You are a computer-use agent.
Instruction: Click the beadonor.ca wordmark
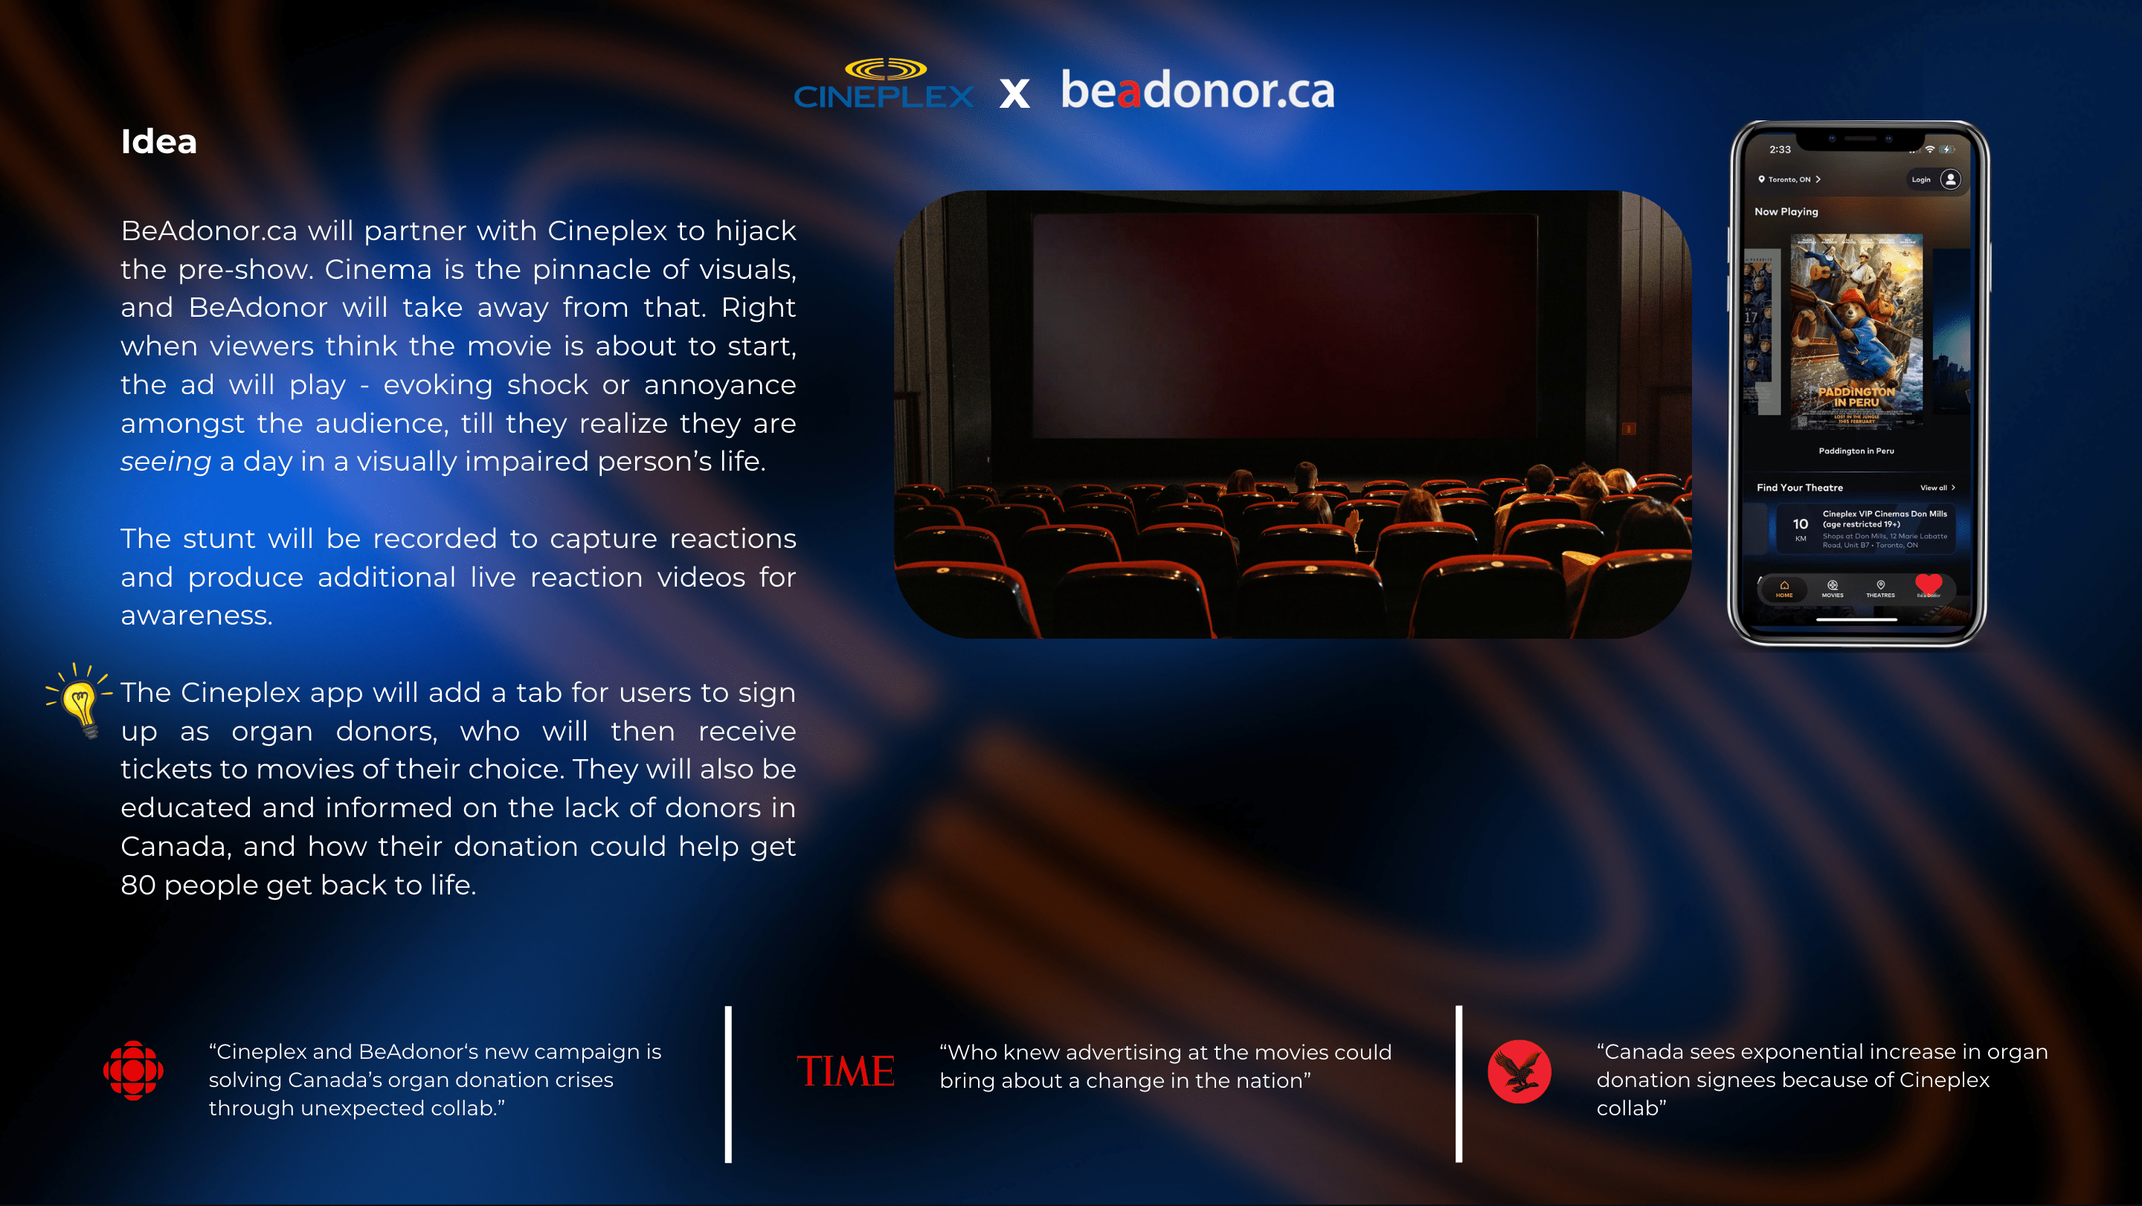[1197, 90]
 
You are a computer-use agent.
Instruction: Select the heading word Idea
[159, 141]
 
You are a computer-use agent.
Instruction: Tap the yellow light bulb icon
[80, 700]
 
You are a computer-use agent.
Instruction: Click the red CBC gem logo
[133, 1071]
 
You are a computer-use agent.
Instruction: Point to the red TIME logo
[845, 1071]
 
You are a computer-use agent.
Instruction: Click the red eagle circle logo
[1519, 1071]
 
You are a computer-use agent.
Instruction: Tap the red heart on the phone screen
[1929, 584]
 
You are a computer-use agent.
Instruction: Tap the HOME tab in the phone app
[1784, 588]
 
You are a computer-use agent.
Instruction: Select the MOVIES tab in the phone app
[1833, 588]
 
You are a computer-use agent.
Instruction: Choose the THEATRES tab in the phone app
[1880, 588]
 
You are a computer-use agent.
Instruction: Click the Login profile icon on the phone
[1950, 178]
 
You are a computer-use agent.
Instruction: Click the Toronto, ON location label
[1789, 178]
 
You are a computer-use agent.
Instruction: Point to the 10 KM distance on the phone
[1800, 528]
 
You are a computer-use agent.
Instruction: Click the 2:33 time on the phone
[1780, 149]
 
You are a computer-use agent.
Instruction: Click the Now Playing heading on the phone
[1786, 211]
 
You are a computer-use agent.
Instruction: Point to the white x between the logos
[1014, 93]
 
